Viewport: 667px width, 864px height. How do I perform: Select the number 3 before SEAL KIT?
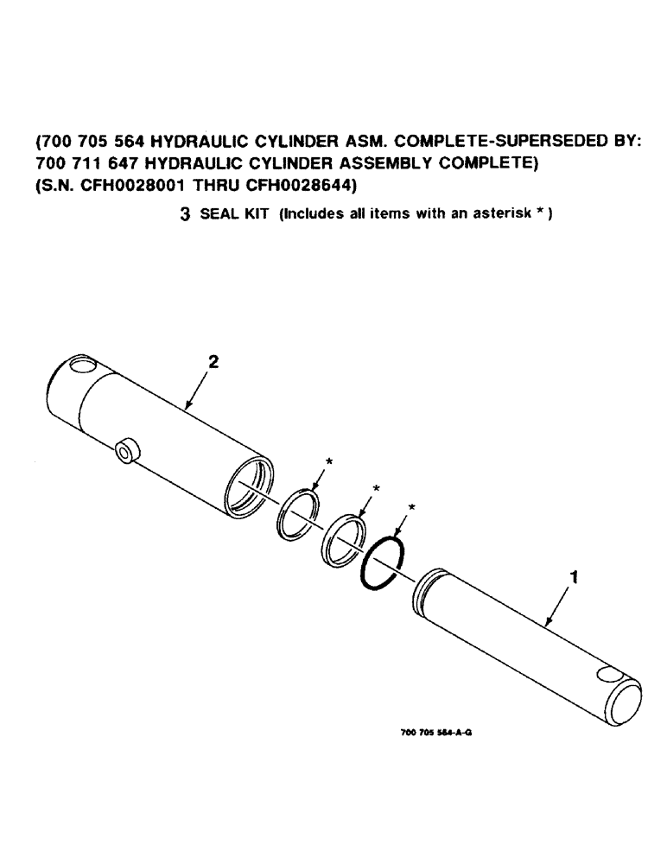[185, 216]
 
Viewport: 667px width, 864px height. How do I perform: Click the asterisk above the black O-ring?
[412, 505]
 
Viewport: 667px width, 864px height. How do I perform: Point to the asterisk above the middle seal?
[375, 489]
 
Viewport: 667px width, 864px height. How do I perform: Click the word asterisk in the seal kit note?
[498, 216]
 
